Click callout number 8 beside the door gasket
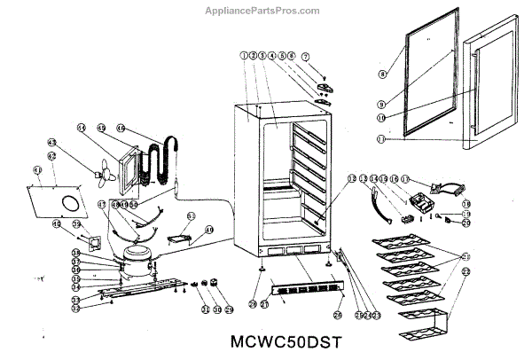[x=383, y=74]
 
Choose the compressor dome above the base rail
[x=138, y=257]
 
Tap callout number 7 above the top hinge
[x=307, y=56]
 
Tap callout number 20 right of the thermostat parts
[x=465, y=223]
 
